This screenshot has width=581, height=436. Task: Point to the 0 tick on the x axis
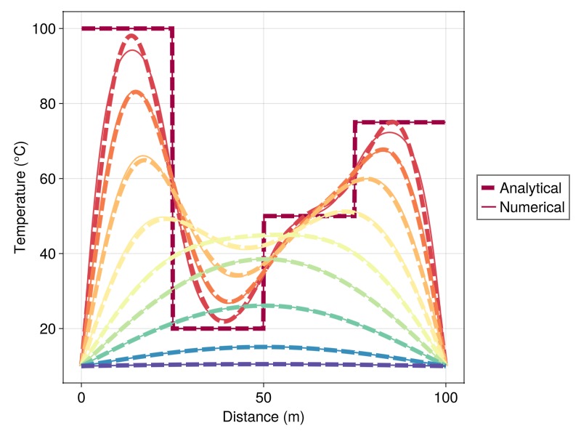point(81,397)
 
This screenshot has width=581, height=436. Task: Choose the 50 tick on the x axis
point(264,397)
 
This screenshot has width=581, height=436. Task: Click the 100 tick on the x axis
point(446,397)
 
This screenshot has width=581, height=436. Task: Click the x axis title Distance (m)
point(264,417)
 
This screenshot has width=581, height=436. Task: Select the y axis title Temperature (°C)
point(20,197)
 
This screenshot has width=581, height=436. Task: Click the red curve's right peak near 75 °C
point(392,122)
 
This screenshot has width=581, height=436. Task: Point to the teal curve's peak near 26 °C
point(264,305)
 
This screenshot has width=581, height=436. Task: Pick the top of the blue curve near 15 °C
point(264,347)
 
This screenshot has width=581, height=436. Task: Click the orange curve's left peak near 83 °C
point(136,92)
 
